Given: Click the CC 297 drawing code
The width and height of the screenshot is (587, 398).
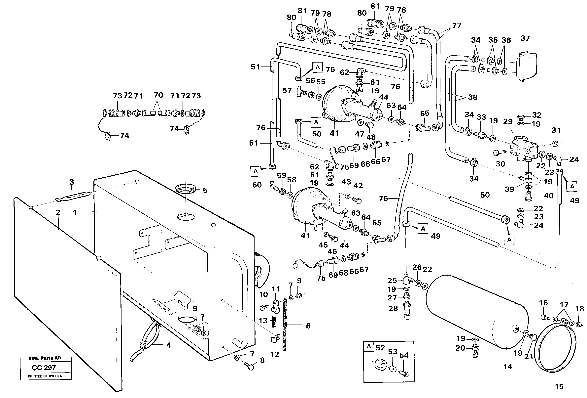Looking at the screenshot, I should (44, 368).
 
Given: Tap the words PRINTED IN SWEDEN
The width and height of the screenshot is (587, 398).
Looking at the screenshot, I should (45, 376).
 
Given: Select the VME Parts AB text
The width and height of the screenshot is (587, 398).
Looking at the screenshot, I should (45, 358).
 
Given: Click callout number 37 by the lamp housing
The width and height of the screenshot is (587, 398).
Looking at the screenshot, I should (525, 38).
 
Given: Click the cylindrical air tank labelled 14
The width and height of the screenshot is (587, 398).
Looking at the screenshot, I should (477, 314).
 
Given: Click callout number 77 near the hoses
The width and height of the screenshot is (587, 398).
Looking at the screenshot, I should (457, 25).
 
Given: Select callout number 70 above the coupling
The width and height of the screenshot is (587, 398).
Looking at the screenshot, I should (158, 95).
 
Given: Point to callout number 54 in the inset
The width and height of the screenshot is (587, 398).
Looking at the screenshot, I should (404, 355).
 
